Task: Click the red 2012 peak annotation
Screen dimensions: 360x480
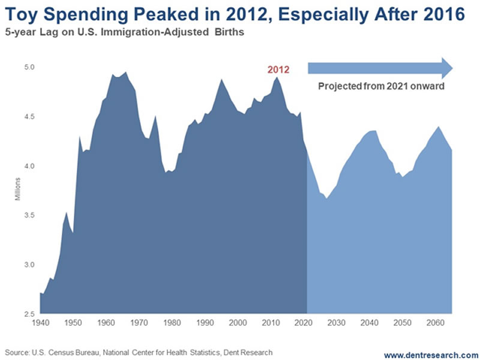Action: pos(278,70)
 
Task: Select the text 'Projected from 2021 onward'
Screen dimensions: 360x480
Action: pos(381,86)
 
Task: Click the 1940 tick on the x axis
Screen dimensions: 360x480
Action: pos(40,322)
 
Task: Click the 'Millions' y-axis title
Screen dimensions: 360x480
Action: pos(18,189)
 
